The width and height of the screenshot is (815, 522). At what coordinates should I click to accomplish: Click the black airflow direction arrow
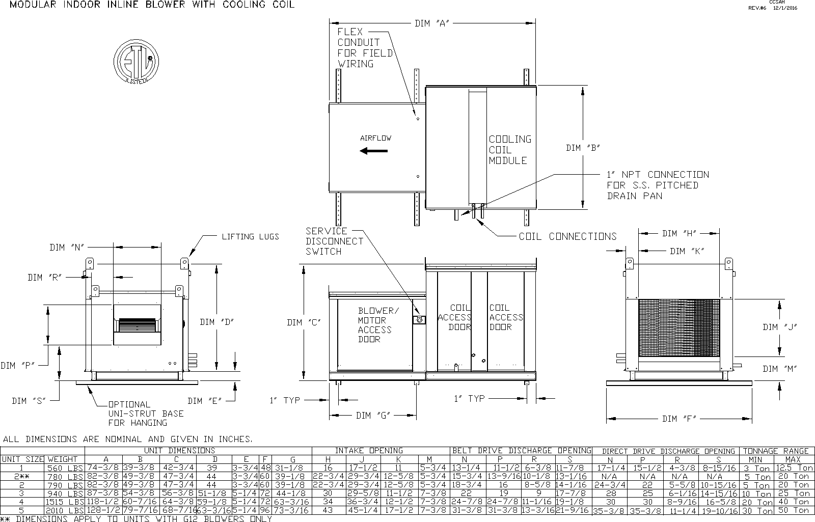[x=373, y=151]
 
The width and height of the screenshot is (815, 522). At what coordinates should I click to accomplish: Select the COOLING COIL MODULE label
[x=510, y=150]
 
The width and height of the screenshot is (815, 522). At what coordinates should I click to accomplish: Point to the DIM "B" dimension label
[x=583, y=148]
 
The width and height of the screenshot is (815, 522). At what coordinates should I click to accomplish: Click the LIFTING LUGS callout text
[x=250, y=236]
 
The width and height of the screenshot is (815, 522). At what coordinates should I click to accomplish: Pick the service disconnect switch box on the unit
[x=419, y=320]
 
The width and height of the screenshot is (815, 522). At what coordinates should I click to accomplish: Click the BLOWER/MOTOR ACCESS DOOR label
[x=375, y=325]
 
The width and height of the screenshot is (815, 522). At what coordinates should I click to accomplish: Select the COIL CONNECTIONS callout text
[x=567, y=236]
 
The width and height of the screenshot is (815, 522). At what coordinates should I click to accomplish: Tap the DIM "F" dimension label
[x=679, y=419]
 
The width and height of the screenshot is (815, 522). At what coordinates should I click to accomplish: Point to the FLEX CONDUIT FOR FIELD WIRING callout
[x=365, y=48]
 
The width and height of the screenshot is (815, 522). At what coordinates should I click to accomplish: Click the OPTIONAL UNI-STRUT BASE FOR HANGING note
[x=145, y=414]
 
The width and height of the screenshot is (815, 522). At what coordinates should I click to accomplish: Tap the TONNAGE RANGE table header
[x=776, y=451]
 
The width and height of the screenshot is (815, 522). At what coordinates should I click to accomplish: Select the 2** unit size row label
[x=21, y=477]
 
